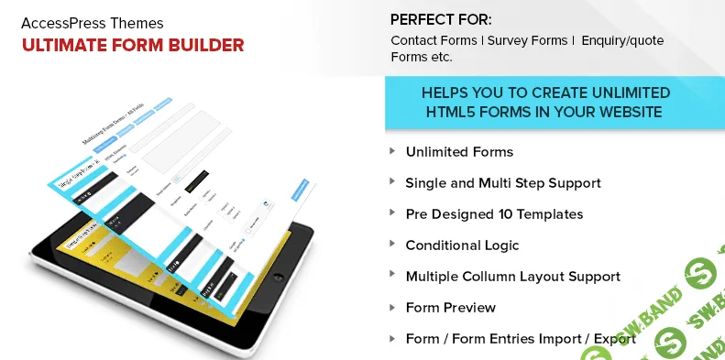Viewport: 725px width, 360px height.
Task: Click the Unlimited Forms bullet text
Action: pos(459,152)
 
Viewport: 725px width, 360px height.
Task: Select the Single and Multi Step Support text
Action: pos(503,183)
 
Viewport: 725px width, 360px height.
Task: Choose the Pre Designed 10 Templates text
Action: pos(494,214)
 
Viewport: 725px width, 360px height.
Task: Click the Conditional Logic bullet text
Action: pos(462,245)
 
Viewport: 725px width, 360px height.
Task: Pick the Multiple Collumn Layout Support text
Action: pos(512,277)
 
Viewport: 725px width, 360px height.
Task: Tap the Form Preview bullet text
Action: pos(450,308)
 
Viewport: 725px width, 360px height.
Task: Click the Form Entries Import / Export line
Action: pos(521,339)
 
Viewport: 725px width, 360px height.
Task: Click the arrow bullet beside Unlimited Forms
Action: pos(393,151)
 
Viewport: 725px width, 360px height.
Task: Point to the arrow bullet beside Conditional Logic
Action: pos(393,245)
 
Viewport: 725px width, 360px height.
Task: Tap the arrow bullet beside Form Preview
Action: pos(393,307)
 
